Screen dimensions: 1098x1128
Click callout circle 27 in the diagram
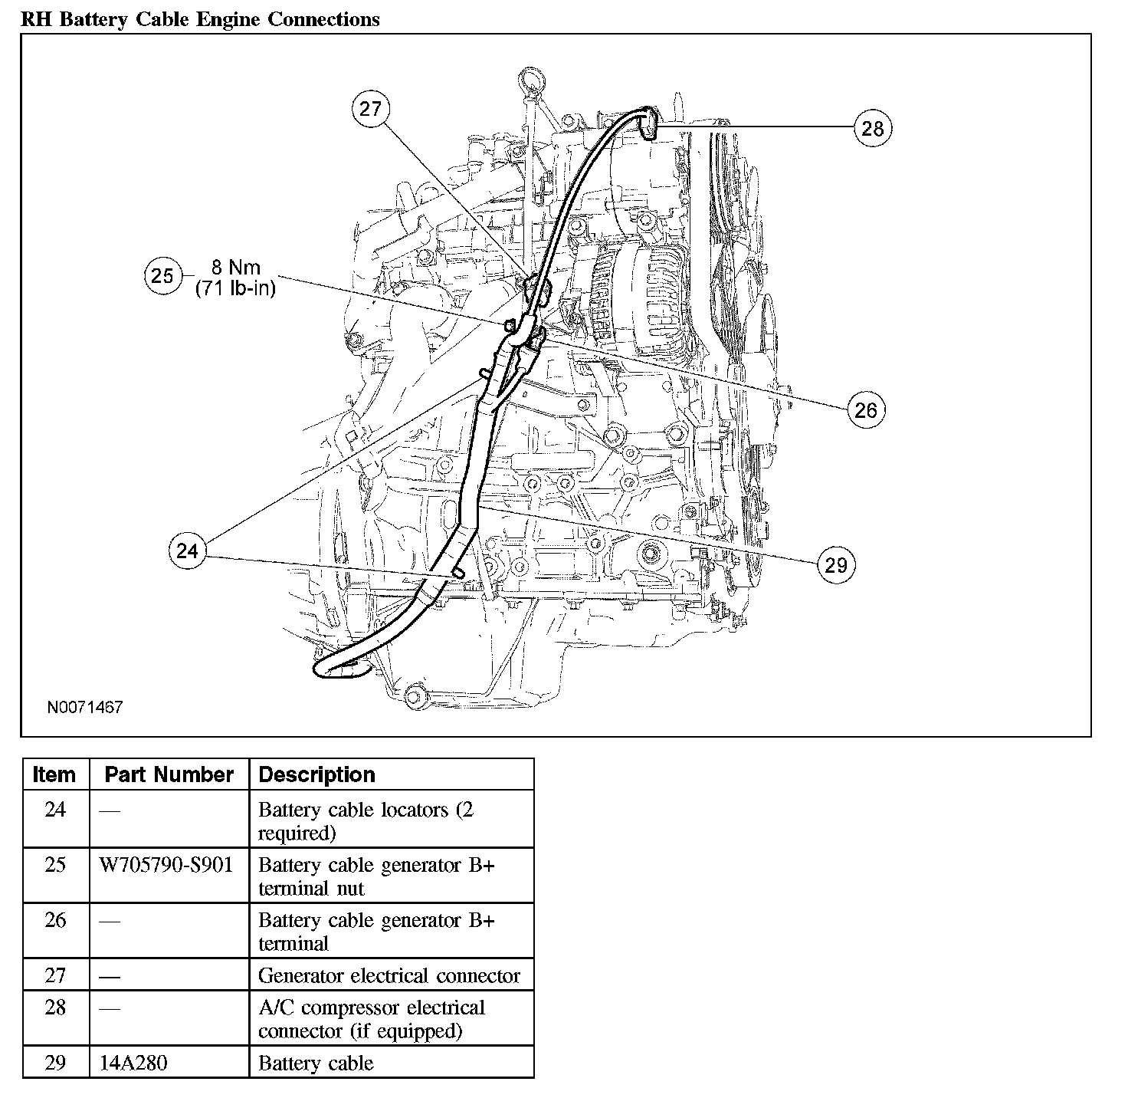371,109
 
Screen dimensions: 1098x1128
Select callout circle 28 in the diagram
873,128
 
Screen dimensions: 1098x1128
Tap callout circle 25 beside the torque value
162,275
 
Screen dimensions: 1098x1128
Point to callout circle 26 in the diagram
866,409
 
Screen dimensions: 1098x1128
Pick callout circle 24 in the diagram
188,551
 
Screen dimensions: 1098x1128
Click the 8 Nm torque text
236,268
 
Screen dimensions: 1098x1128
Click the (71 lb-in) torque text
236,288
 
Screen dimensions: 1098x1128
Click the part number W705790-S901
166,865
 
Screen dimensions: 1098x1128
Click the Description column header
317,774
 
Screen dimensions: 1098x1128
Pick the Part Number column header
169,774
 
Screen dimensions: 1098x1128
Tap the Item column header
54,774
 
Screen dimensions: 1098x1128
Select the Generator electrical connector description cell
389,975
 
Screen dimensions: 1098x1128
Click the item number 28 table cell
55,1008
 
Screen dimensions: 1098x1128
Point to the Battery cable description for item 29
316,1063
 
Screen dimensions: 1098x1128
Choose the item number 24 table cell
55,810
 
